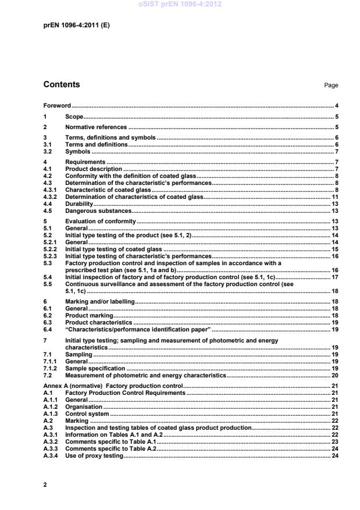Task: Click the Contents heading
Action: click(x=62, y=85)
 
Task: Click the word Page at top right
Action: click(x=331, y=85)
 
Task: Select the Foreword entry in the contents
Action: click(x=57, y=106)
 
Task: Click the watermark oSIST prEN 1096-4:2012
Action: click(x=180, y=5)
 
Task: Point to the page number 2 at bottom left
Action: click(x=45, y=484)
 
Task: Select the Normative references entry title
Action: click(x=95, y=127)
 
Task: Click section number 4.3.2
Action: click(x=52, y=198)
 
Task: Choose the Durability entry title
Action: click(x=79, y=204)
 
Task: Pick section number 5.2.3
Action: click(x=52, y=255)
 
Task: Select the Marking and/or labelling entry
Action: click(x=99, y=302)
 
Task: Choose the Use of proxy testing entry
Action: click(x=94, y=456)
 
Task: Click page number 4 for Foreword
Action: click(x=337, y=106)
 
